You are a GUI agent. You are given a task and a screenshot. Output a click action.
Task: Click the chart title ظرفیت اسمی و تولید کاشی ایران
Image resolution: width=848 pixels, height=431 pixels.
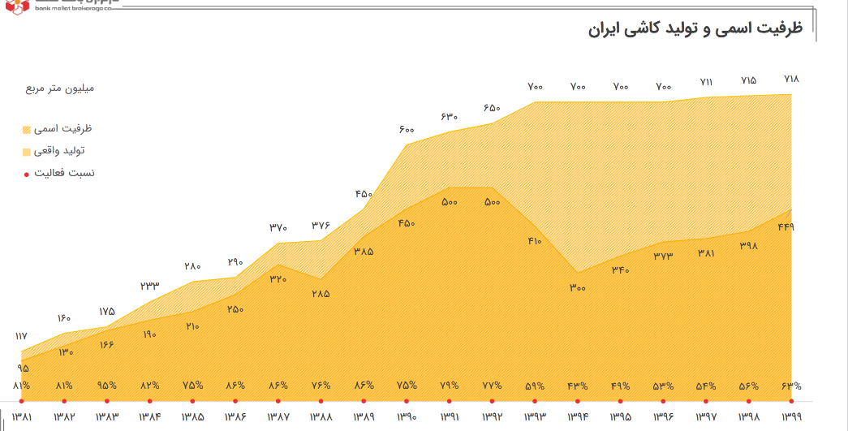tap(695, 29)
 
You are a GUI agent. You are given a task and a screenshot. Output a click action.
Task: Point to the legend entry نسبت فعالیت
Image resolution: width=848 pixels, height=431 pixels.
tap(62, 173)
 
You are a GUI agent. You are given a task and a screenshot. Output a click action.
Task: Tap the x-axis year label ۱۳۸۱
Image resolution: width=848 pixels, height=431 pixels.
tap(22, 416)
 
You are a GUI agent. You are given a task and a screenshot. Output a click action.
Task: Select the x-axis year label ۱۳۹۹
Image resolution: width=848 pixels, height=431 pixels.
tap(791, 416)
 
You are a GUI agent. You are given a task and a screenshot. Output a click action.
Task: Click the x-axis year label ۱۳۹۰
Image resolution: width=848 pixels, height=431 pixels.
tap(407, 416)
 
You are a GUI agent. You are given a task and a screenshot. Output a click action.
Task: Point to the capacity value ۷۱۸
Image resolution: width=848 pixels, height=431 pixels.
tap(791, 80)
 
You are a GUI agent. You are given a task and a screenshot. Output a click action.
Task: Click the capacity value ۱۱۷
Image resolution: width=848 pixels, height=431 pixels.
tap(22, 335)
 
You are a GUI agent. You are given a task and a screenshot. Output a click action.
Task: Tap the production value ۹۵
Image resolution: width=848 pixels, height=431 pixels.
tap(22, 368)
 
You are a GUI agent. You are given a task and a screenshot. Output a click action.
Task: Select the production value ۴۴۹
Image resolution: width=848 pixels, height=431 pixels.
tap(785, 226)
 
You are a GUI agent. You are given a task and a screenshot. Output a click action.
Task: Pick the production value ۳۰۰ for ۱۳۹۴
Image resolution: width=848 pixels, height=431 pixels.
tap(578, 287)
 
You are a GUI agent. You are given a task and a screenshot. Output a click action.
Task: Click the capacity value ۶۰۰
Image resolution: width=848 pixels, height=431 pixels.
tap(407, 130)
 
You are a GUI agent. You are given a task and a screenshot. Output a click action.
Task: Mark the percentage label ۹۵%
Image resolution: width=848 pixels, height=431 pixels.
tap(107, 386)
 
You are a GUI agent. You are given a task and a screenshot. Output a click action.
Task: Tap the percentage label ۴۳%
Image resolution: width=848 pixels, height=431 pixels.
tap(578, 386)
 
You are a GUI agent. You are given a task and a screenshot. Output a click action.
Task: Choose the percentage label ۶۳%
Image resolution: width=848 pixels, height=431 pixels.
tap(791, 386)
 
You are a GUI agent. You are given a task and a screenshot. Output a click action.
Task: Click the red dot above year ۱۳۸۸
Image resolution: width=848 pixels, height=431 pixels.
tap(321, 401)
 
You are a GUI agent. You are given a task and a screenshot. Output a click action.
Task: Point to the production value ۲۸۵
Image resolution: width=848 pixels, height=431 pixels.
tap(321, 293)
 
